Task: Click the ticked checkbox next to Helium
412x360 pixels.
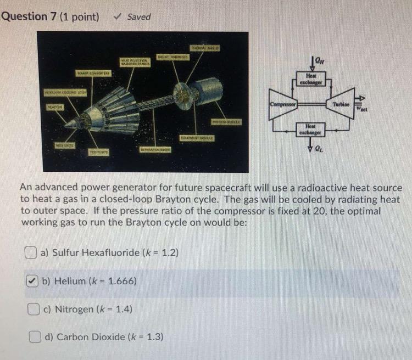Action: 33,281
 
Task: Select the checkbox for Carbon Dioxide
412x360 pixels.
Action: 36,336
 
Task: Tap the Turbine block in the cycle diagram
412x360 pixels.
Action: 342,104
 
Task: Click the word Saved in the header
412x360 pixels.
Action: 139,16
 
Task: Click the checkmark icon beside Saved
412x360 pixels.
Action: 116,16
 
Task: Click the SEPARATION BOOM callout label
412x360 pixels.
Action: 155,149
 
